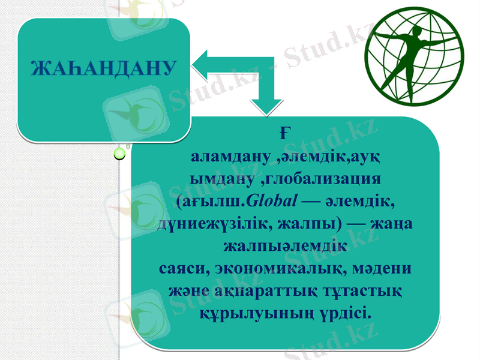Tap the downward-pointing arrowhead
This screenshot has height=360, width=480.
click(267, 107)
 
